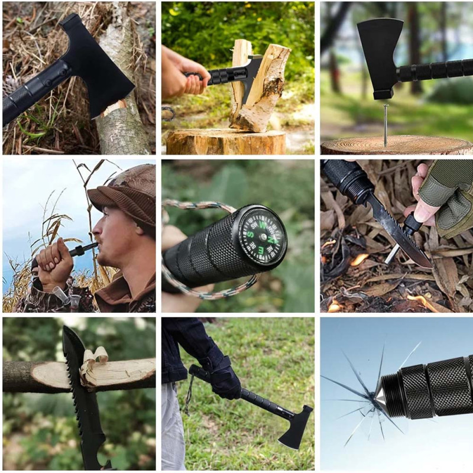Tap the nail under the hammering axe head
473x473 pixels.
385,124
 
